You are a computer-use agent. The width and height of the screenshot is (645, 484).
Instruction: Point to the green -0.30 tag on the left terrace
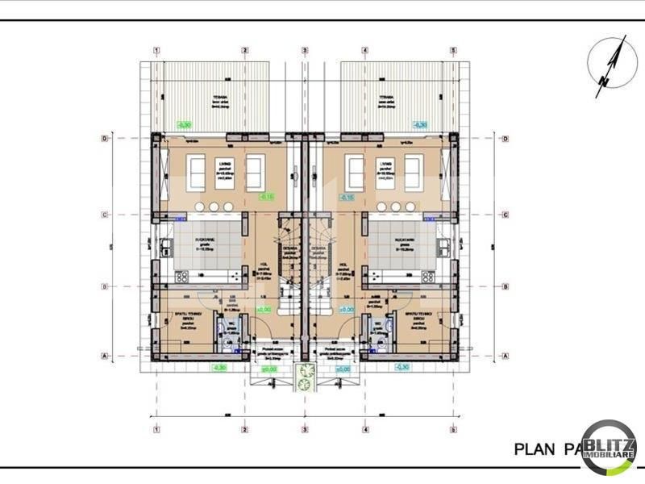coord(185,125)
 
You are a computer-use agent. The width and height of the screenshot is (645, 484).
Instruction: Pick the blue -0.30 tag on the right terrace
coord(419,125)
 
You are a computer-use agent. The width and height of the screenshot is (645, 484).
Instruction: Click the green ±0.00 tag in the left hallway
coord(264,309)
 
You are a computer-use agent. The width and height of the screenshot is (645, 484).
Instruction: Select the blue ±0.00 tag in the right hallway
coord(345,309)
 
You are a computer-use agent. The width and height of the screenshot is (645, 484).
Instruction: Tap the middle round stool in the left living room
coord(214,206)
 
